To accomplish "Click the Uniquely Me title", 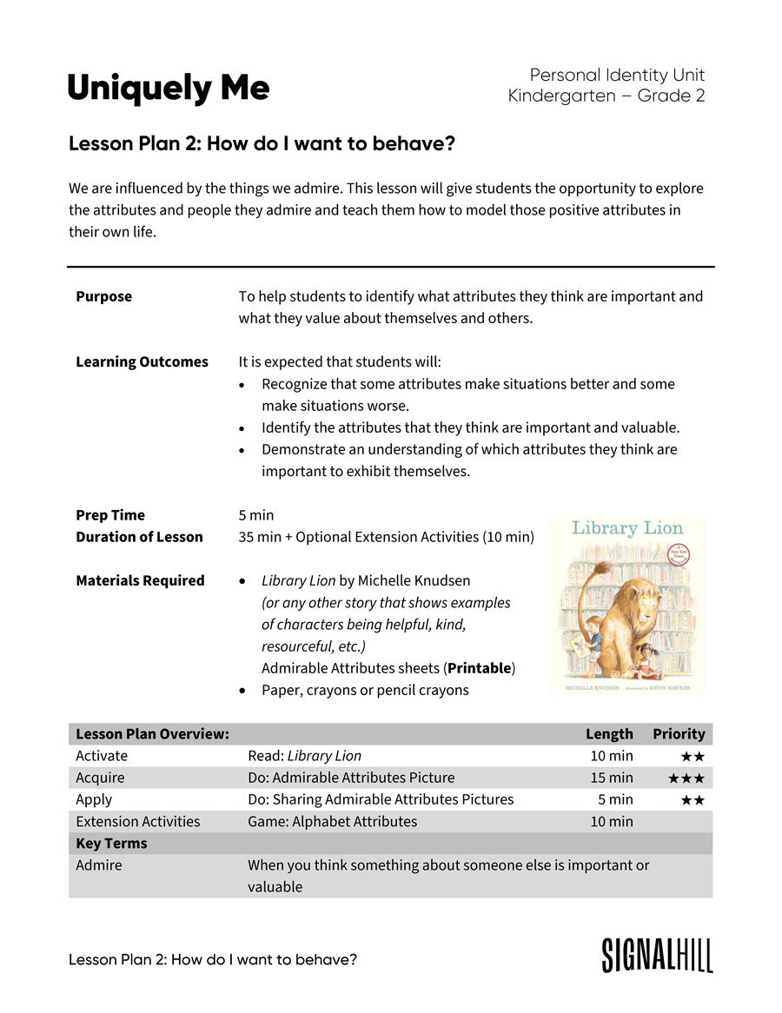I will coord(169,89).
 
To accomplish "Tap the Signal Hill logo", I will coord(657,955).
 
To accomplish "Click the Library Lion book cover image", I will coord(627,605).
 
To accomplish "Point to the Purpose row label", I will coord(104,296).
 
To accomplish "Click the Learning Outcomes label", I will coord(142,361).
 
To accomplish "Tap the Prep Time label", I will coord(110,515).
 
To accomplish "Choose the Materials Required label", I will coord(140,580).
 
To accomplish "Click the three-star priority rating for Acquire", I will coord(686,778).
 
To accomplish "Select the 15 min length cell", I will coord(612,778).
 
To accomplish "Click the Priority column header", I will coord(679,734).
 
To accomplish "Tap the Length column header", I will coord(609,734).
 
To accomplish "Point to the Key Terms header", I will coord(111,844).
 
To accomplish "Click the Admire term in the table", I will coord(99,865).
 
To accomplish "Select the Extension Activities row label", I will coord(137,821).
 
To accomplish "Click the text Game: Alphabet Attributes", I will coord(332,821).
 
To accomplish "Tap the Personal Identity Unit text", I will coord(617,76).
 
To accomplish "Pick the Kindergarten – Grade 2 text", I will coord(606,96).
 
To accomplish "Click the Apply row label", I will coord(94,799).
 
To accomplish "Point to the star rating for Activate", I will coord(693,757).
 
